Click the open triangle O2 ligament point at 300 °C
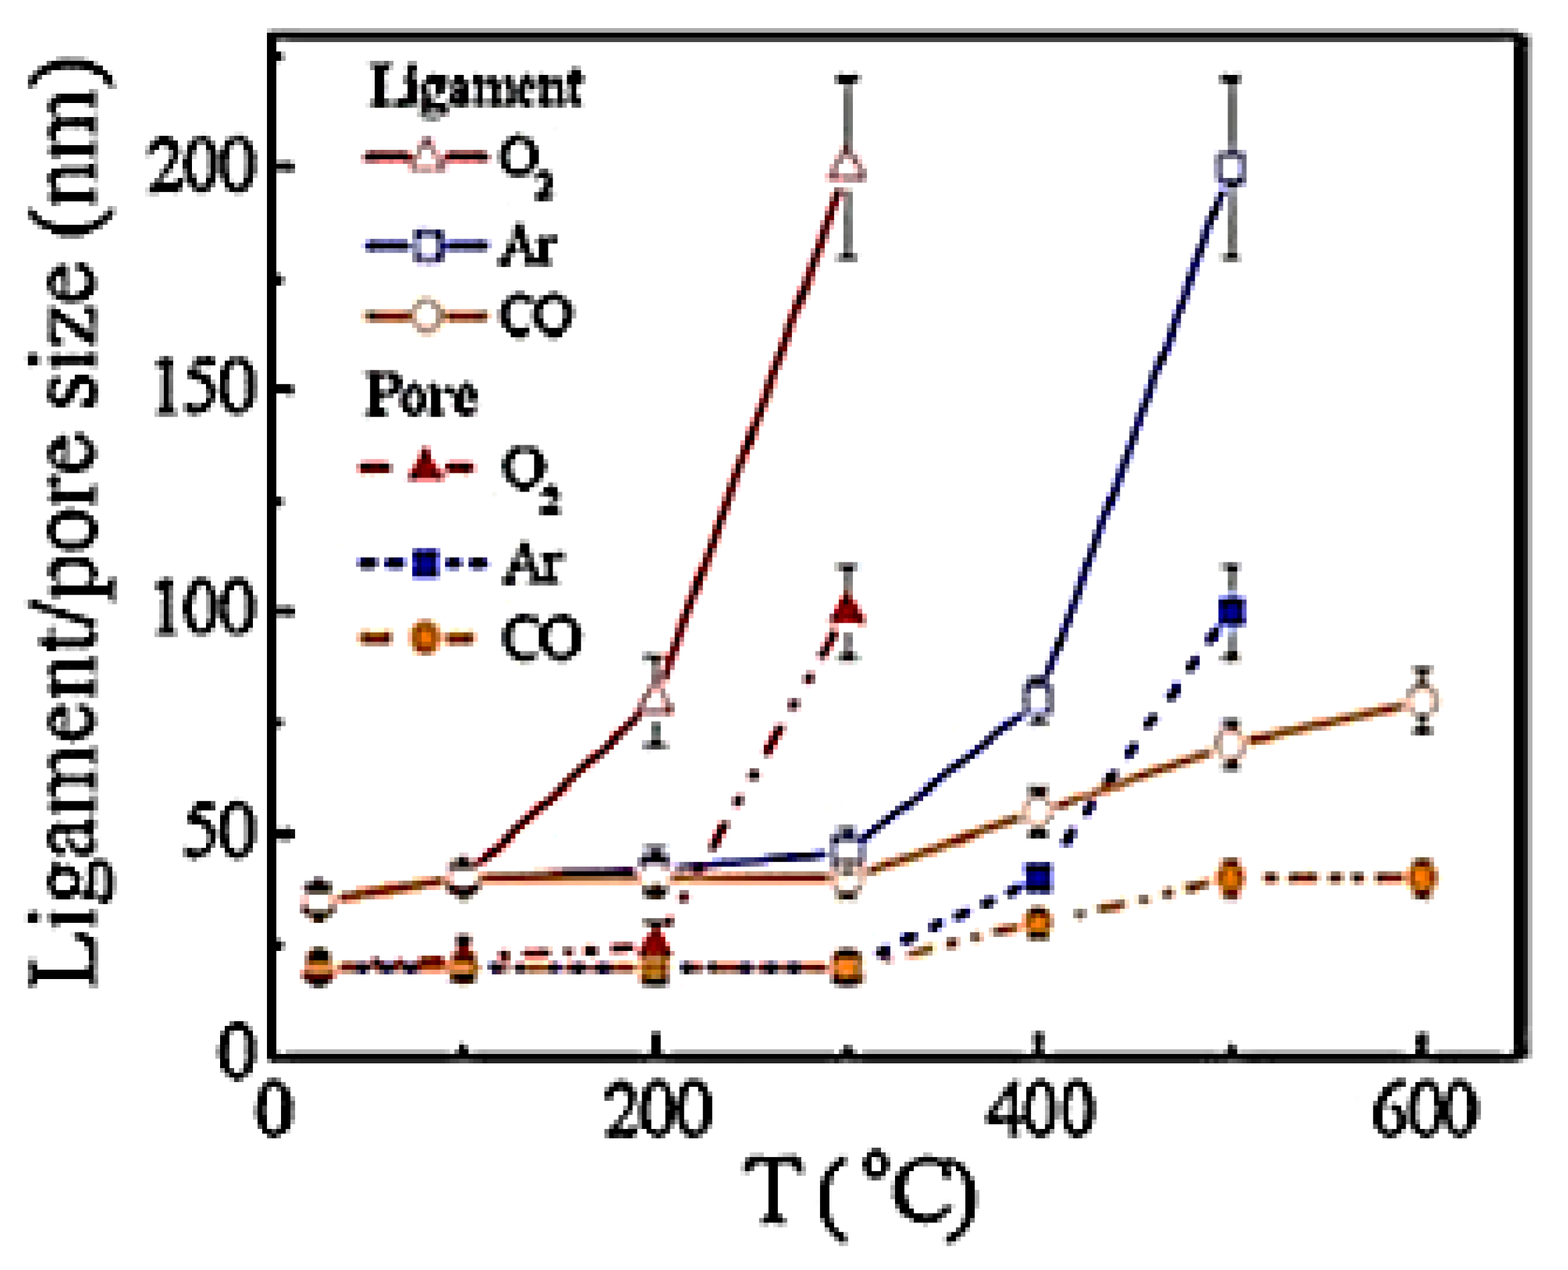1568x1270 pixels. click(x=848, y=167)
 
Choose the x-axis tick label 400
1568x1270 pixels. click(x=1039, y=1108)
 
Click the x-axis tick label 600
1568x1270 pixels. click(x=1422, y=1108)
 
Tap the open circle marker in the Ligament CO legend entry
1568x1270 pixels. click(x=425, y=316)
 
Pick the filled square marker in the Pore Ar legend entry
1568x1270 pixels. click(x=425, y=564)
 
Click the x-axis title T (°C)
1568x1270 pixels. click(x=860, y=1196)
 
